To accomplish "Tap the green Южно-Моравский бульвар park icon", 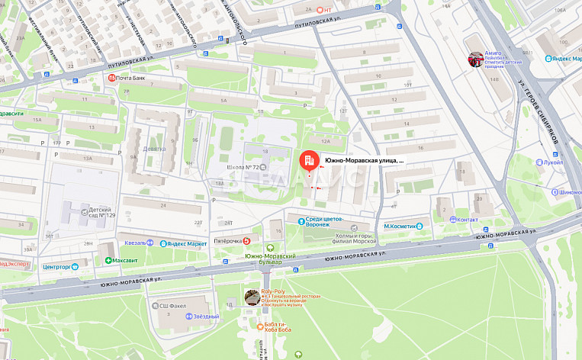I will click(x=270, y=247).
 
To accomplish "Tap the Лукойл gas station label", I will click(x=553, y=162).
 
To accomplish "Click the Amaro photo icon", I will click(x=476, y=59).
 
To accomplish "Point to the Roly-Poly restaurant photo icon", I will click(x=252, y=297).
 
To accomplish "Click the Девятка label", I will click(x=154, y=149).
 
